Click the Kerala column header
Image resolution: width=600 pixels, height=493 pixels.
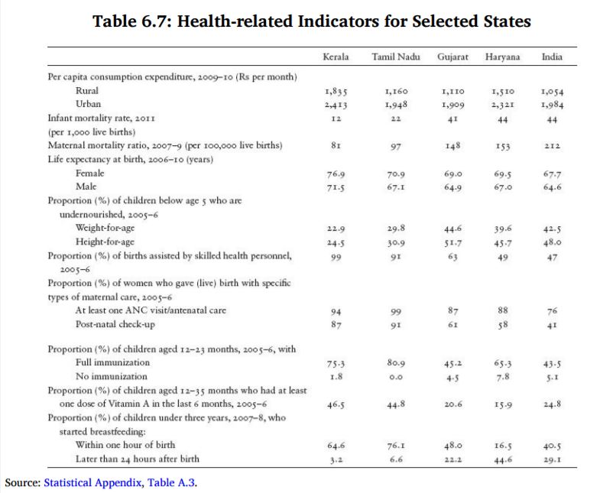[336, 57]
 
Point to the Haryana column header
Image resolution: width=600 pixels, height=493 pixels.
[502, 57]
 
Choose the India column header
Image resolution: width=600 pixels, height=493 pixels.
[552, 57]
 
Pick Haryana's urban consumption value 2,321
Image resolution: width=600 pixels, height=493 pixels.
[502, 105]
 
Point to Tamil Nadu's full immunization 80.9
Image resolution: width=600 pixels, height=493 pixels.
[395, 364]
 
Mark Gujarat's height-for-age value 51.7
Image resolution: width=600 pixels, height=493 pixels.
[453, 242]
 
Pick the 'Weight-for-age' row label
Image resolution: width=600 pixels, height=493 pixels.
[106, 229]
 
